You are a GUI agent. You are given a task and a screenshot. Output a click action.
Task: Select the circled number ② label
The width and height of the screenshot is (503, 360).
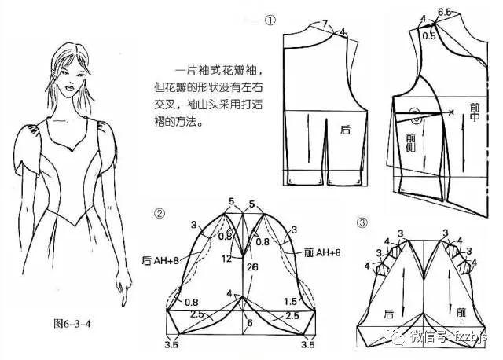pyautogui.click(x=160, y=212)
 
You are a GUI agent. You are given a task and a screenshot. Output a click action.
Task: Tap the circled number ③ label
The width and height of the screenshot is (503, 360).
pyautogui.click(x=362, y=222)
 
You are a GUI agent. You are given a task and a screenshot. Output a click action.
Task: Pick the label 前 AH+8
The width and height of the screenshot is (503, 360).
pyautogui.click(x=324, y=252)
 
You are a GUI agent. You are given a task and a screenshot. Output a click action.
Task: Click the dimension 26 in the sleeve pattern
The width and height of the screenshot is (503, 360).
pyautogui.click(x=251, y=267)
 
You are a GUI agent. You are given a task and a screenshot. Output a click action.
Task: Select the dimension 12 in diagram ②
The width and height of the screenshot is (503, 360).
pyautogui.click(x=226, y=259)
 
